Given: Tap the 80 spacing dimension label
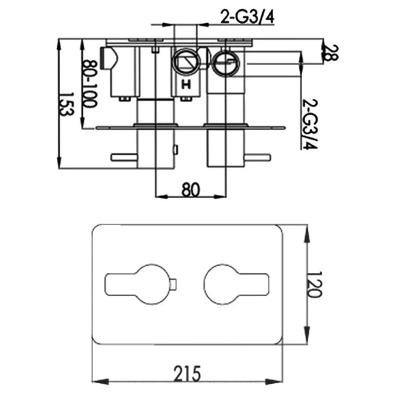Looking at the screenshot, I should [190, 189].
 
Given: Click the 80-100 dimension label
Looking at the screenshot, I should [89, 83].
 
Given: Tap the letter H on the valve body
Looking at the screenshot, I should [186, 86].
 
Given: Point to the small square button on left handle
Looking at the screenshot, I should [173, 284].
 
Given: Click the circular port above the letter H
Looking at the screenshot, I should [187, 63].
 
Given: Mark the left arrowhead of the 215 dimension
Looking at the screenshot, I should [97, 382].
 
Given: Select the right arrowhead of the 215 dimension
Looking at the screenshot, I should [285, 382].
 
